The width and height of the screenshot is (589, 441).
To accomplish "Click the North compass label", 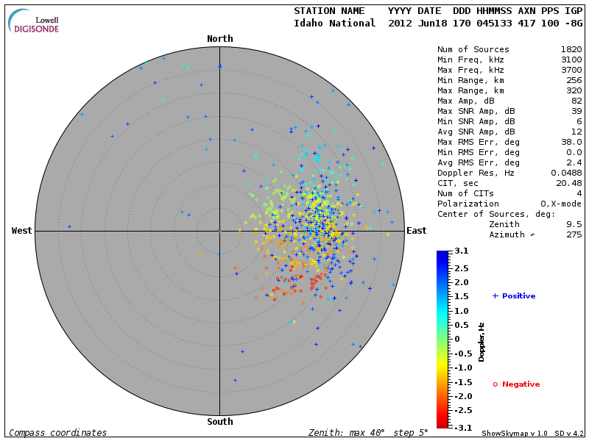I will tap(219, 39).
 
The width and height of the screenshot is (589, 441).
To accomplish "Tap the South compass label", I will tap(219, 422).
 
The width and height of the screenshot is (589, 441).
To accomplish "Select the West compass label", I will tap(22, 231).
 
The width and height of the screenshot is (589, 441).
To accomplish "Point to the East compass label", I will tap(416, 231).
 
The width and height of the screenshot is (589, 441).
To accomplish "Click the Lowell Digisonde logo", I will tap(34, 21).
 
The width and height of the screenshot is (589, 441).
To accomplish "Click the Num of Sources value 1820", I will tap(571, 49).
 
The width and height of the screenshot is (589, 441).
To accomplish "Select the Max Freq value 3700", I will tap(571, 70).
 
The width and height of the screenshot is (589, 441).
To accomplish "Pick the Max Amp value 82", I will tap(576, 101).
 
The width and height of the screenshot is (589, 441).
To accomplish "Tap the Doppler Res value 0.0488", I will tap(565, 173).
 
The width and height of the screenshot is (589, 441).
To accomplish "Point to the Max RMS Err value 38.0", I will tap(571, 142).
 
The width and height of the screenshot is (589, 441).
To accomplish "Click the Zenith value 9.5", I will tap(574, 224).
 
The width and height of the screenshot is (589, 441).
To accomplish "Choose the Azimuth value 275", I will tap(574, 234).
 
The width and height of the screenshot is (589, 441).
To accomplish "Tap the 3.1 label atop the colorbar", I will tap(462, 251).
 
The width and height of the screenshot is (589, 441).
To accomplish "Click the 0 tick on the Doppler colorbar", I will tap(456, 339).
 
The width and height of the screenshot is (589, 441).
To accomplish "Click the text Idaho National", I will tap(335, 23).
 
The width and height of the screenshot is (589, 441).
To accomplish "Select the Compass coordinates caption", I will tap(57, 433).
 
